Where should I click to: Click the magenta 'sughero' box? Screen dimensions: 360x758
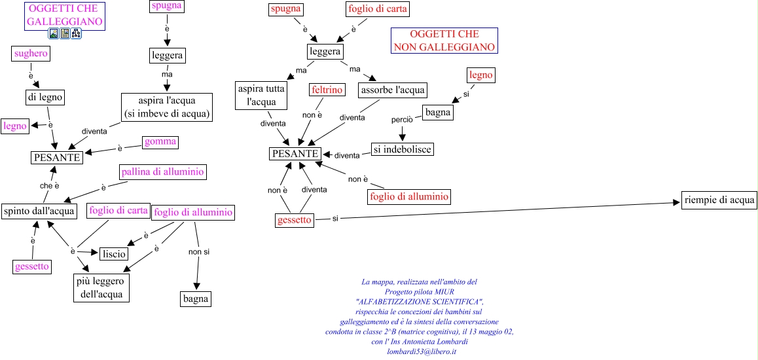coord(31,54)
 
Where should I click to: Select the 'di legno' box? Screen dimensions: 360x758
coord(45,97)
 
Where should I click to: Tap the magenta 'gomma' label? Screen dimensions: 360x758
coord(160,142)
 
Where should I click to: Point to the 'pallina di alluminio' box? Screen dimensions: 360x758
coord(162,172)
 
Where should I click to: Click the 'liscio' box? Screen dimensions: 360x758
coord(113,253)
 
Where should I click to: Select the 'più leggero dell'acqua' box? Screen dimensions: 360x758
coord(101,288)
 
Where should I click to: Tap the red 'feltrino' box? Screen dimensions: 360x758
coord(327,90)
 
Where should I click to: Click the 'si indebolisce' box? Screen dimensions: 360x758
coord(403,149)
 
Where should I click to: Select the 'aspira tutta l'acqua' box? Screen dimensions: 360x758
coord(262,95)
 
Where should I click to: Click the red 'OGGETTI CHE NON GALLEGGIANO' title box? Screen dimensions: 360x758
coord(444,41)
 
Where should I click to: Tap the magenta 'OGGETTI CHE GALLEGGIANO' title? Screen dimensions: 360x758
coord(65,15)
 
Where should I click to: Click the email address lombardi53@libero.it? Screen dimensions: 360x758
coord(422,351)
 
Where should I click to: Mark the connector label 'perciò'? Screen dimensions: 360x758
coord(401,120)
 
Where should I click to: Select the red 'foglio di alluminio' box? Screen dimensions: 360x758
coord(409,196)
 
